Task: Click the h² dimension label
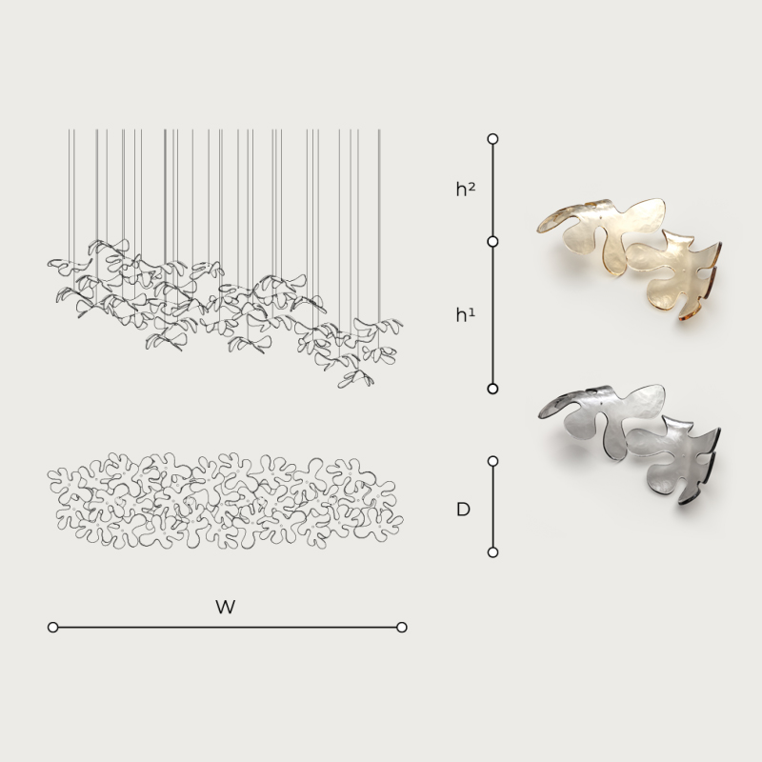(465, 189)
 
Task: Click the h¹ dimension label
(465, 315)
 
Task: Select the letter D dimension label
(463, 510)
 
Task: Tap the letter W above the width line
(226, 607)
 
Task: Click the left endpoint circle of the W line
(53, 628)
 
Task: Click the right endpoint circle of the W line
(401, 628)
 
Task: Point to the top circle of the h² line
(492, 139)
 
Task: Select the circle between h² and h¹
(492, 242)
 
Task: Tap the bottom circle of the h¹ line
(492, 389)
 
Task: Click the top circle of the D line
(492, 461)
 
